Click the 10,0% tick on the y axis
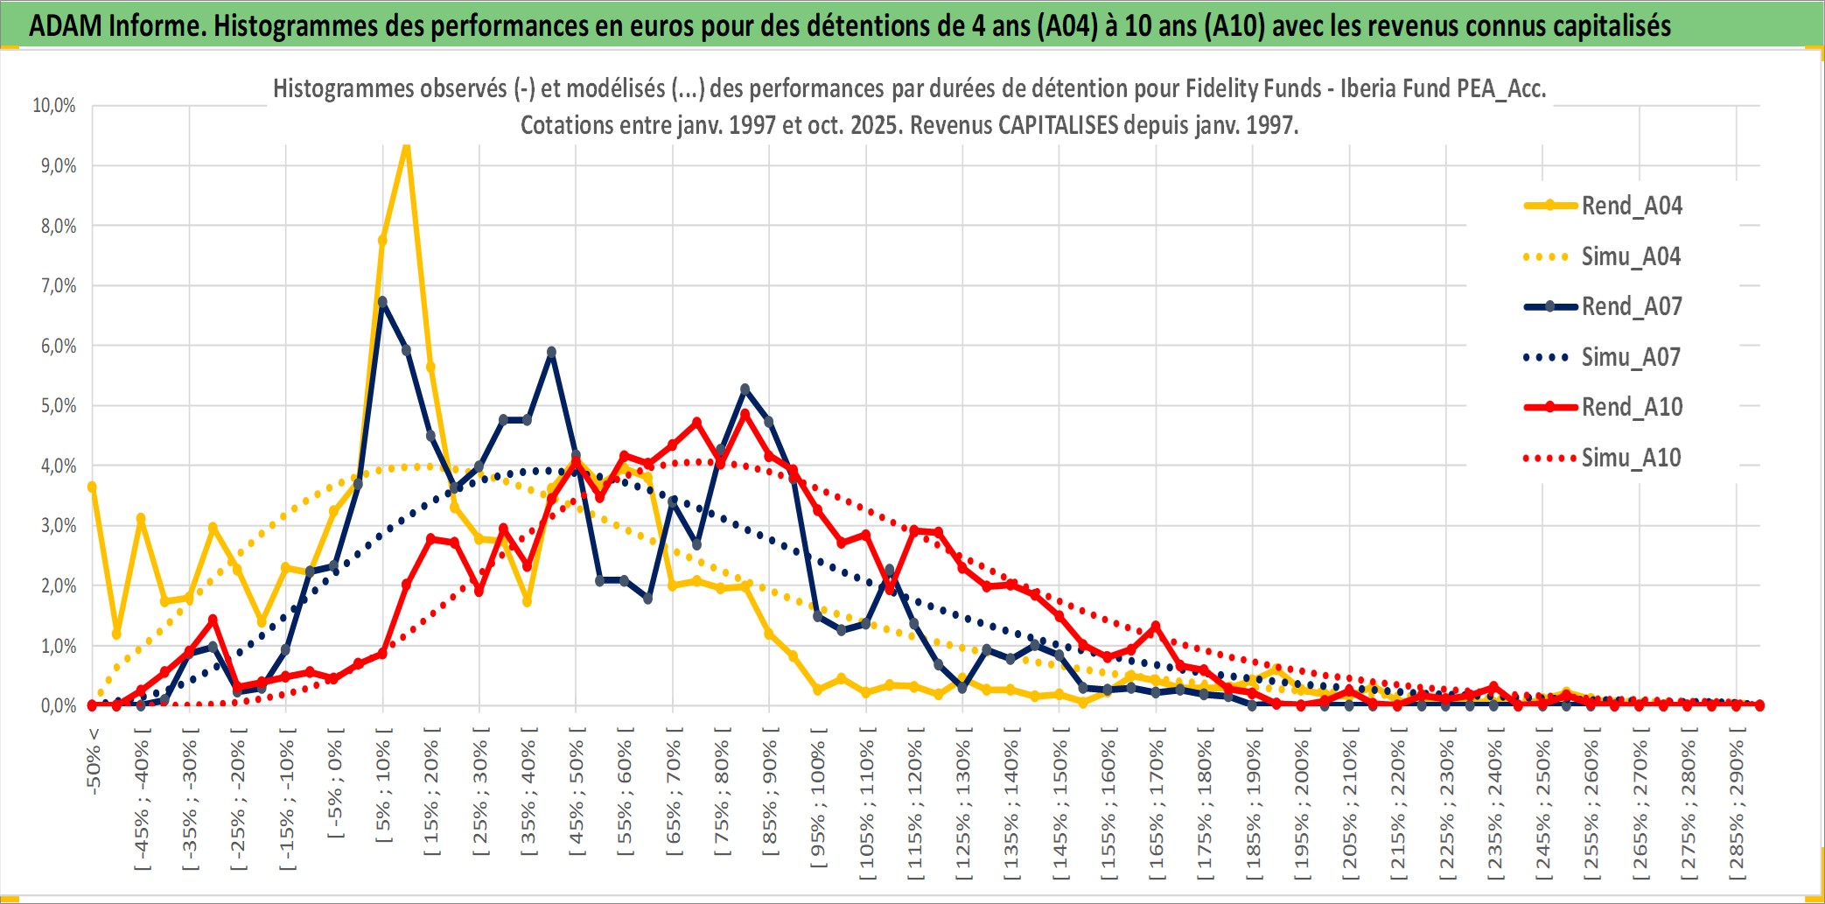pyautogui.click(x=54, y=106)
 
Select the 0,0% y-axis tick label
pyautogui.click(x=58, y=705)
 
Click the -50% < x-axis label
pyautogui.click(x=94, y=761)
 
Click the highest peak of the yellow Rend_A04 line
pyautogui.click(x=406, y=147)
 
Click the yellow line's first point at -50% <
pyautogui.click(x=92, y=487)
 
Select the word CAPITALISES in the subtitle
pyautogui.click(x=1058, y=125)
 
